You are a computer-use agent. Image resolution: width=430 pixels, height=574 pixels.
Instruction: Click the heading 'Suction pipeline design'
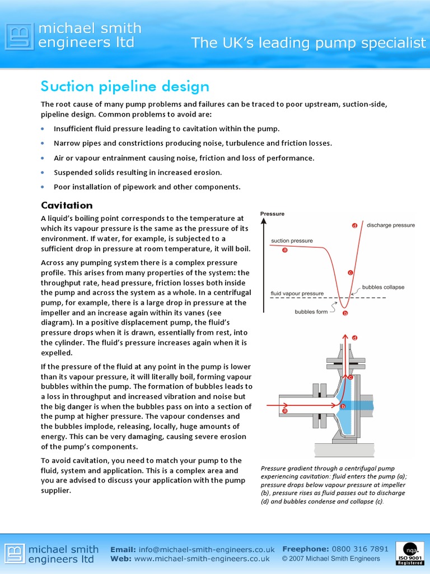[x=125, y=87]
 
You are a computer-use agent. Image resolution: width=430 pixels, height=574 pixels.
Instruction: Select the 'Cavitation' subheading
[x=67, y=205]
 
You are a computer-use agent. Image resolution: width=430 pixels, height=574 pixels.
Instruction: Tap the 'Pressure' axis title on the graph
[x=273, y=214]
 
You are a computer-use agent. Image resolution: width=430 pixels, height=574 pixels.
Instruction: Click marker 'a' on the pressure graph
[x=284, y=250]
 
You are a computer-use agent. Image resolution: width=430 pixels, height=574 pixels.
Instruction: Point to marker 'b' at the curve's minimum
[x=345, y=313]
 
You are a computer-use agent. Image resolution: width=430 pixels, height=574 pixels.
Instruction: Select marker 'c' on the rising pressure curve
[x=350, y=273]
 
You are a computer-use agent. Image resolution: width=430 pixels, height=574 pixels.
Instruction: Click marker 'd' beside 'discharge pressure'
[x=354, y=225]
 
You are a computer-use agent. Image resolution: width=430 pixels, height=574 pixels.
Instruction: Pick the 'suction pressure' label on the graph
[x=292, y=241]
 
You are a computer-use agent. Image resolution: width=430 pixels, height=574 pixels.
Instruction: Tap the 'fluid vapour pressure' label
[x=297, y=293]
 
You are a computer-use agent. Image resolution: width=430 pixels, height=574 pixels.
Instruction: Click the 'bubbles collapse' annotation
[x=383, y=287]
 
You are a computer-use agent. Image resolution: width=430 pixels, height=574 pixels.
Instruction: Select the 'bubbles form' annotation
[x=311, y=312]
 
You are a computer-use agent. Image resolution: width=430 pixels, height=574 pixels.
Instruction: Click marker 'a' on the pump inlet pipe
[x=284, y=411]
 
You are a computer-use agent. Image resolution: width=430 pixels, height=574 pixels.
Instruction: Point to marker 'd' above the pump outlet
[x=354, y=338]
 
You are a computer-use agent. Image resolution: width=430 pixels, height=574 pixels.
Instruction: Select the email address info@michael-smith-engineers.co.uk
[x=204, y=549]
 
